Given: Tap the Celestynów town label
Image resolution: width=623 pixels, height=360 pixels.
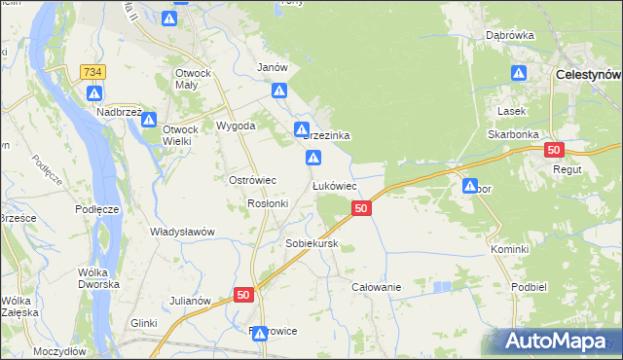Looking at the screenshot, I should tap(588, 74).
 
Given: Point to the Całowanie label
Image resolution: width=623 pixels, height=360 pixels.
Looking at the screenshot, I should tap(377, 288).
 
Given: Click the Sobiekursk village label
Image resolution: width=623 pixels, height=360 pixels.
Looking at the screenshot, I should tap(311, 243).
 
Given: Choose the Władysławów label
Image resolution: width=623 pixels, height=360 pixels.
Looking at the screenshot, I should tap(182, 232).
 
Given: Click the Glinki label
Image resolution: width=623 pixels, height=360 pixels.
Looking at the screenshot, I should tap(143, 323).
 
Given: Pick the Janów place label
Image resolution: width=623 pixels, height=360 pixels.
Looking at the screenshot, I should tap(272, 67).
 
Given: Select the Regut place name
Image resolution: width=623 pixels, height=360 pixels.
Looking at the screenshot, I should tap(567, 169).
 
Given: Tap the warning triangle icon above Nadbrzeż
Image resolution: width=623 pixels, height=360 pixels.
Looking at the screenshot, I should tap(94, 93).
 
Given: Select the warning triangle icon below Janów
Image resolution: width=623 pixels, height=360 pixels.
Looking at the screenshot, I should tap(279, 91).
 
